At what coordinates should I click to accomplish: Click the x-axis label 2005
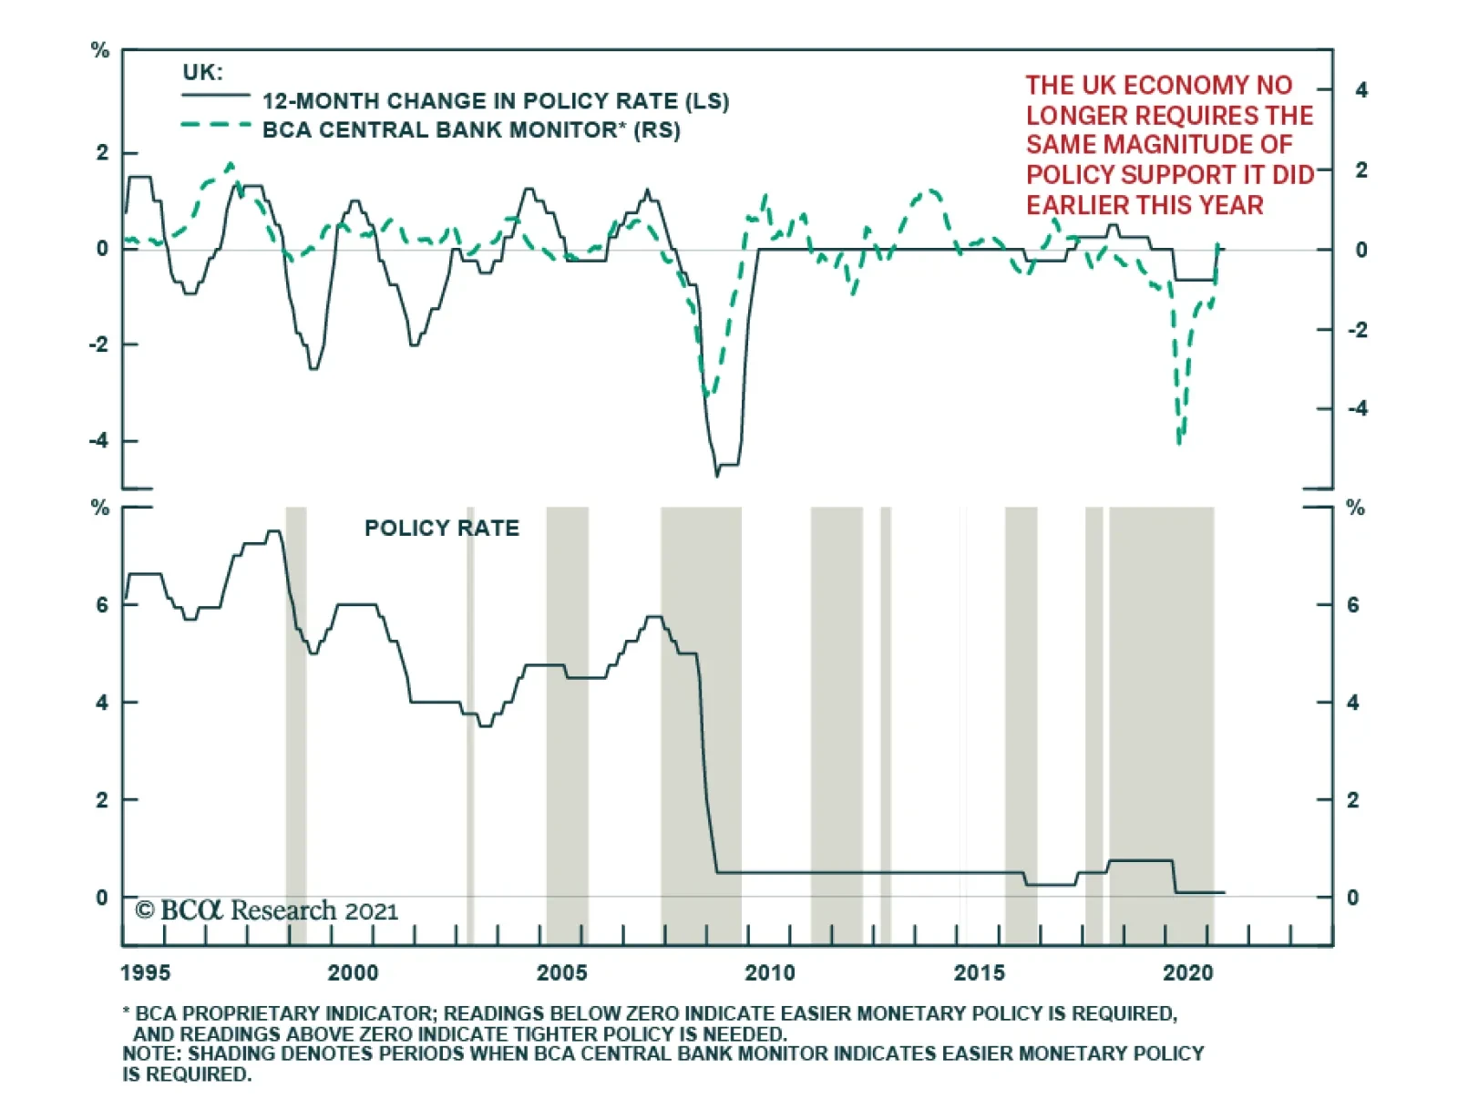pos(561,973)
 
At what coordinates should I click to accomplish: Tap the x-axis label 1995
pos(145,973)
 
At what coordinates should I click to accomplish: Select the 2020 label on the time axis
pos(1187,973)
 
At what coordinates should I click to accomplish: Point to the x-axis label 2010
pos(770,973)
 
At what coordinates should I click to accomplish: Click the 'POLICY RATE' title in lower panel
pos(442,529)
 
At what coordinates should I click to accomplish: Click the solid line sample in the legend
pos(216,96)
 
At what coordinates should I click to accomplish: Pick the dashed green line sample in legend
pos(216,124)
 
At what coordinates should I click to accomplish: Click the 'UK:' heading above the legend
pos(202,73)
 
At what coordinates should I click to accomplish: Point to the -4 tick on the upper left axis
pos(98,441)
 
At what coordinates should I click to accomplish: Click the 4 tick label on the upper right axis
pos(1361,90)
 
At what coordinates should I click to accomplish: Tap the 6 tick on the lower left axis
pos(102,605)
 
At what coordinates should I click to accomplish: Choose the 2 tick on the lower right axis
pos(1352,800)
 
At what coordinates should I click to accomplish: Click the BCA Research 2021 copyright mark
pos(266,910)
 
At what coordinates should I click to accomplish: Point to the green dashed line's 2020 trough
pos(1179,442)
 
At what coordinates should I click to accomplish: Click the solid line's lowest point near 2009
pos(717,475)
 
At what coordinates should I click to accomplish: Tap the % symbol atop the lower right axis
pos(1355,508)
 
